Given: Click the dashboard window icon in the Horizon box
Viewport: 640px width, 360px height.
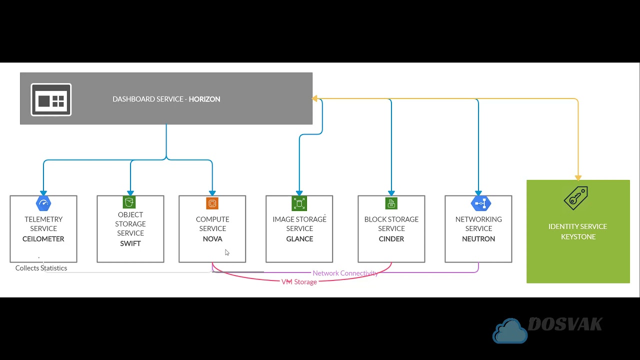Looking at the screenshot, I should (51, 99).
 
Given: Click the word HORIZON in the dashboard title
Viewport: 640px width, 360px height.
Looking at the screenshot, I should (204, 99).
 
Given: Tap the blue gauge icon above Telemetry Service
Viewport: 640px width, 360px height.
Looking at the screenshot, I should (43, 203).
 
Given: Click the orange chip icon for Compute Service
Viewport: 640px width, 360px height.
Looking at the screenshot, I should (212, 203).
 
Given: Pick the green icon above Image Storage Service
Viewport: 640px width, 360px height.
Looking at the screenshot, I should (299, 203).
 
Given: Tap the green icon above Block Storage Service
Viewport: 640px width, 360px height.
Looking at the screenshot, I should (391, 203).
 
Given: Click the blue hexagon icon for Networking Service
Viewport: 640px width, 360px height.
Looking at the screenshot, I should (480, 203).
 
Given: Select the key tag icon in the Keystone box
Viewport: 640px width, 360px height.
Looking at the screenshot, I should (576, 198).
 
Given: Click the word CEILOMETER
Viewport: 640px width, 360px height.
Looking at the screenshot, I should (43, 239).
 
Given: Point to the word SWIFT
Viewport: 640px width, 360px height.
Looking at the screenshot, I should (130, 243).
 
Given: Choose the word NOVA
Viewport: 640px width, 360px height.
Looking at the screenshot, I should (212, 239).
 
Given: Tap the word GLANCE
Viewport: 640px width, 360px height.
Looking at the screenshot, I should (299, 239).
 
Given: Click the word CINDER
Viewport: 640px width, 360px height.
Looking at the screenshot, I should (391, 239).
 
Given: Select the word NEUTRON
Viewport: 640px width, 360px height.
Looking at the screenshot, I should (478, 239).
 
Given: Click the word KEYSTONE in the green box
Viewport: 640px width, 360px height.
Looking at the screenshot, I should (578, 236).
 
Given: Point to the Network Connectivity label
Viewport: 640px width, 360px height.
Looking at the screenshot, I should (345, 273).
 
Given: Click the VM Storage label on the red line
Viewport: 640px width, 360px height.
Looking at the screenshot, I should (299, 282).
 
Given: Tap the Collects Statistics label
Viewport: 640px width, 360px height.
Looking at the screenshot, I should (41, 268).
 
